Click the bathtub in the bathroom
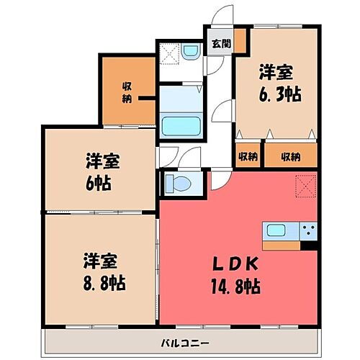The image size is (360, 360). pyautogui.click(x=181, y=125)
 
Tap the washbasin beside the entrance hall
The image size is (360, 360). pyautogui.click(x=190, y=52)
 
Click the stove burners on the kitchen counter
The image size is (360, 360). pyautogui.click(x=308, y=230)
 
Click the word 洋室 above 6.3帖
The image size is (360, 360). pyautogui.click(x=276, y=73)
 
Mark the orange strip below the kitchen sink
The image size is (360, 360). pyautogui.click(x=282, y=246)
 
